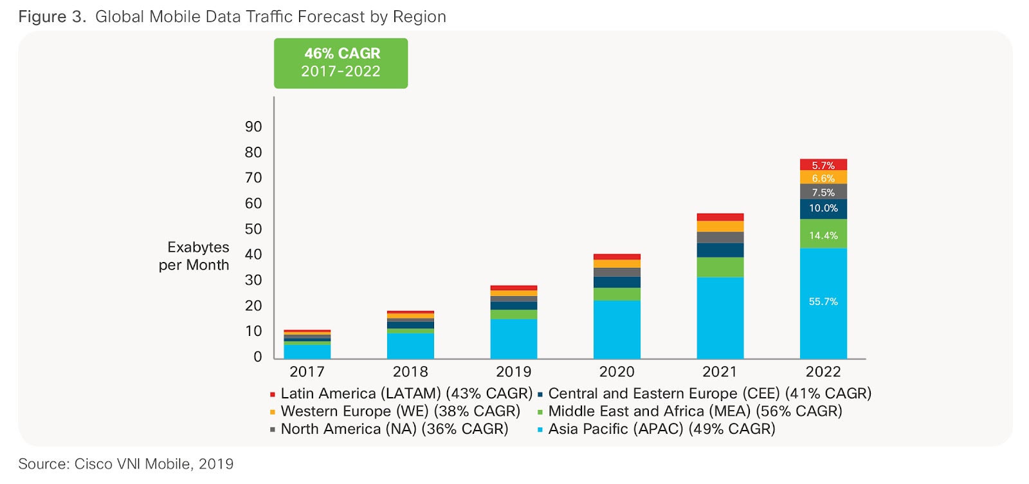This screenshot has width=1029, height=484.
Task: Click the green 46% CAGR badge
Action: (x=341, y=63)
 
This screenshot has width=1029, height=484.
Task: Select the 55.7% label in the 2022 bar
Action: (x=823, y=302)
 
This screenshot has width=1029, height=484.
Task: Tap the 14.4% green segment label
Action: (x=823, y=236)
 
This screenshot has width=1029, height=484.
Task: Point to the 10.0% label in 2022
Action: (x=823, y=209)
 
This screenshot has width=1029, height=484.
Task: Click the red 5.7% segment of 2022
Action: (x=823, y=165)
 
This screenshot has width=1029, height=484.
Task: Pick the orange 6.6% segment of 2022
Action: (x=823, y=178)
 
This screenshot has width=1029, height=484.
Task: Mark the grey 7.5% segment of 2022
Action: (x=823, y=192)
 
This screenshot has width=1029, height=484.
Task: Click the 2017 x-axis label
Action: (x=307, y=372)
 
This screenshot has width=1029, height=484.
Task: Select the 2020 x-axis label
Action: (x=617, y=372)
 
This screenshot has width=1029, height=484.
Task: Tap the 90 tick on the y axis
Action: (x=253, y=127)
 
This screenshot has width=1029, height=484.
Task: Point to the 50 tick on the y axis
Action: (x=253, y=229)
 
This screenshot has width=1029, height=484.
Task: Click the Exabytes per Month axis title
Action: (x=195, y=256)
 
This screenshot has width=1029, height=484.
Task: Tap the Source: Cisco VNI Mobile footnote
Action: (x=126, y=464)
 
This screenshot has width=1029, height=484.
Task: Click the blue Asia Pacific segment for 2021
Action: (x=720, y=318)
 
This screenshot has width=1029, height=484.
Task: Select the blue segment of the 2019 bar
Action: (x=513, y=339)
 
